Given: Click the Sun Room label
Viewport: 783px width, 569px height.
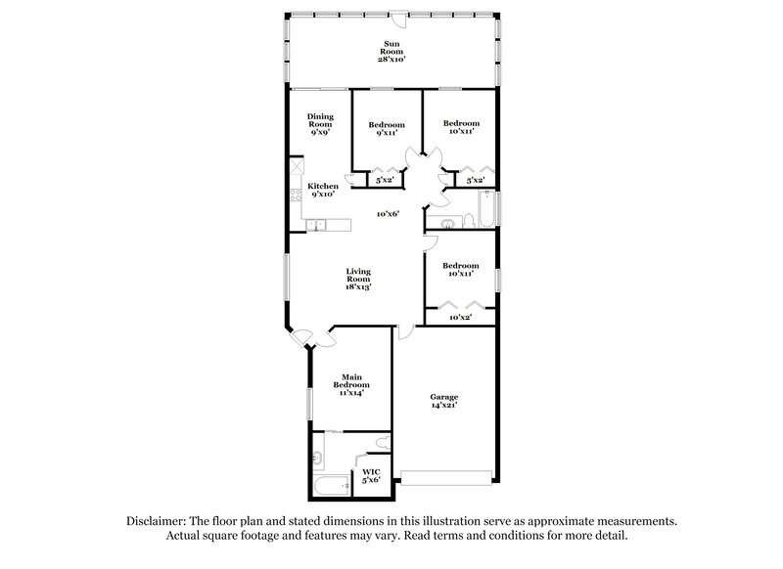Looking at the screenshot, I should click(x=391, y=43).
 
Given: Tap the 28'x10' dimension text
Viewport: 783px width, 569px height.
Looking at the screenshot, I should click(x=391, y=59).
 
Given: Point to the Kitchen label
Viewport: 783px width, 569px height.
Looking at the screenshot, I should click(x=323, y=186).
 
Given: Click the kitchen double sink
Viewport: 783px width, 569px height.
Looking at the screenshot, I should click(x=317, y=226).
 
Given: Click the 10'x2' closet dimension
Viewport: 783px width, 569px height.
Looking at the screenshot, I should click(x=459, y=317).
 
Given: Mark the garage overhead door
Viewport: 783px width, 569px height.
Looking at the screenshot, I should click(x=446, y=479).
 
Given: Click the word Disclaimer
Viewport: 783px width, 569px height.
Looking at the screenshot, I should click(x=160, y=521).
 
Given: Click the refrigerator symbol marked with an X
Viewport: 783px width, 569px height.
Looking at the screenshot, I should click(x=295, y=167).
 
